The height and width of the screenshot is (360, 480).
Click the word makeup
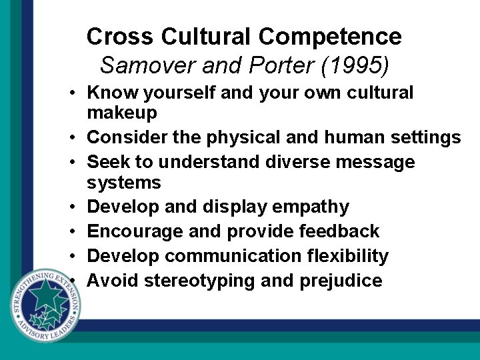click(x=122, y=114)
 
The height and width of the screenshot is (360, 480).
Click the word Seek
click(x=107, y=162)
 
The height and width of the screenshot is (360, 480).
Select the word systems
click(x=124, y=183)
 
